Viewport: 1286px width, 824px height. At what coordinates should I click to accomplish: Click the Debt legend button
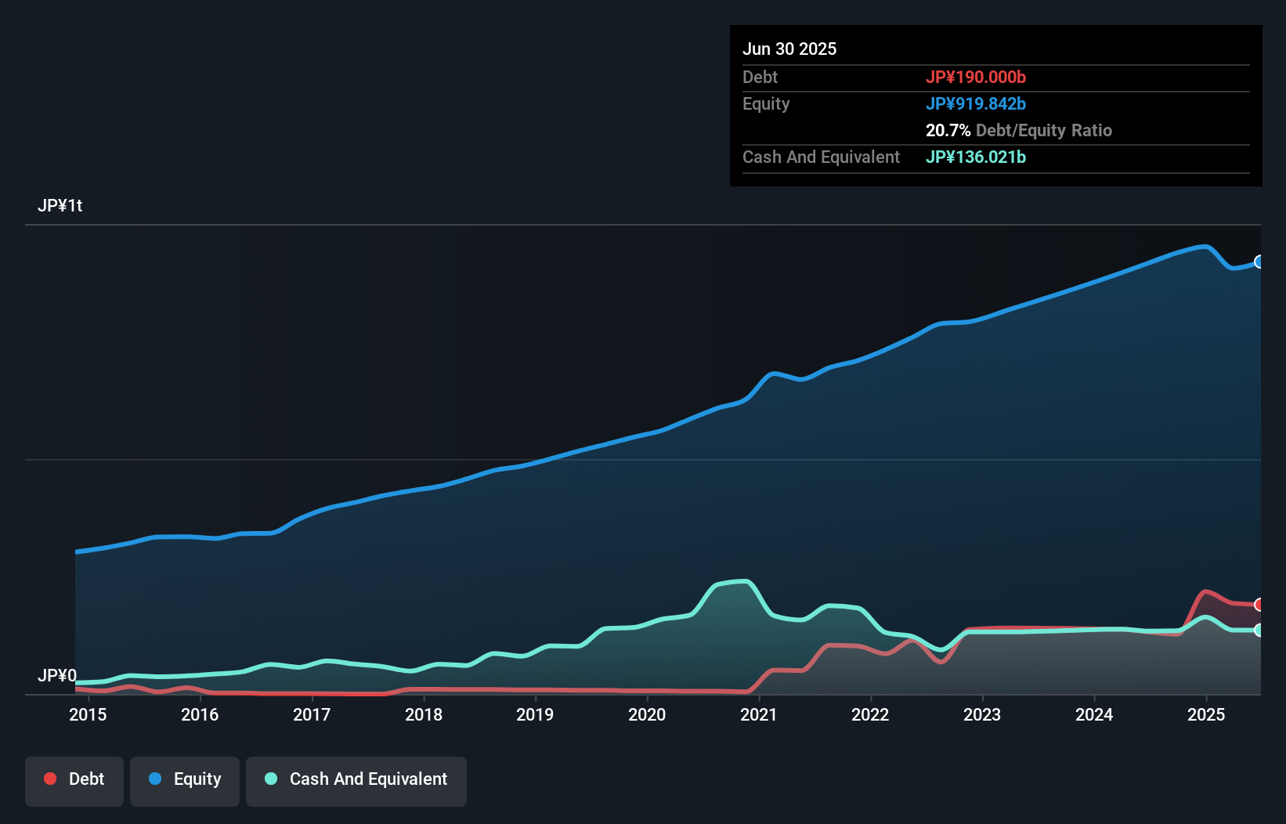74,779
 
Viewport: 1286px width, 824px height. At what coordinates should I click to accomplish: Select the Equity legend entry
185,779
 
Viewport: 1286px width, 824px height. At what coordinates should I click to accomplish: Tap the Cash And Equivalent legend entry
356,779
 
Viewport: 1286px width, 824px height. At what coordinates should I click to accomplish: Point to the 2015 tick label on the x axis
88,714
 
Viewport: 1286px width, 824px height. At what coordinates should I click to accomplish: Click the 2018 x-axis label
424,714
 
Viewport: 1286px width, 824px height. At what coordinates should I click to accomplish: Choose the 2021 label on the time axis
758,714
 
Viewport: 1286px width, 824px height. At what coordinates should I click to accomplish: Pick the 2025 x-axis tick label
1206,714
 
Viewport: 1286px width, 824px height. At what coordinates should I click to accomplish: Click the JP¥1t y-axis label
60,206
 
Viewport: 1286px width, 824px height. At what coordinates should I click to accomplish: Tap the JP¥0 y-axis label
57,675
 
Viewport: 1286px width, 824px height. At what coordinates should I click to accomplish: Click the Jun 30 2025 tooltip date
789,49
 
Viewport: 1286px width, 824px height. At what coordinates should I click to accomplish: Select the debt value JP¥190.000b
975,77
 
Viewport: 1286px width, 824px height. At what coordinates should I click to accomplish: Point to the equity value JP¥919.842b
975,103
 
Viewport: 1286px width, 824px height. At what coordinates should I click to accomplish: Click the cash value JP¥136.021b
975,157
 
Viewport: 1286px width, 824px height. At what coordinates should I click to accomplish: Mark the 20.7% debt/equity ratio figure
948,130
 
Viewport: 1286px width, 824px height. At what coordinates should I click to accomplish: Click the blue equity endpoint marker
1259,262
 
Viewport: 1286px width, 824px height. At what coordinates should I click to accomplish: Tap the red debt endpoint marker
1259,605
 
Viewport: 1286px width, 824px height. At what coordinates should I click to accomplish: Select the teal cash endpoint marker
1259,630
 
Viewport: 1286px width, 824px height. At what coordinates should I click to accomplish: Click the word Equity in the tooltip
766,103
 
